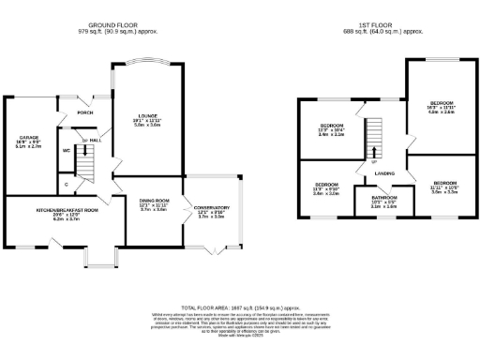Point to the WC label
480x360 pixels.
click(x=67, y=150)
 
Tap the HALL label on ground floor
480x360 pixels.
click(x=95, y=142)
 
